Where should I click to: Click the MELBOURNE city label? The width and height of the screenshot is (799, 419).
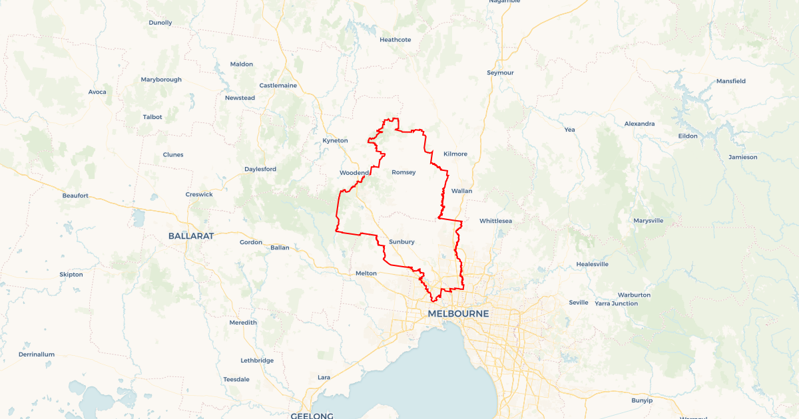click(458, 313)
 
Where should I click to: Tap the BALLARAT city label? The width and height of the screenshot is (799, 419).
click(190, 236)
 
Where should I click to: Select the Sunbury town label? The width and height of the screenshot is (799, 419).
click(401, 241)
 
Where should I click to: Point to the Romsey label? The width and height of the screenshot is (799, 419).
click(403, 172)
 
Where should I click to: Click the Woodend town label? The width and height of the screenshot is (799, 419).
click(354, 173)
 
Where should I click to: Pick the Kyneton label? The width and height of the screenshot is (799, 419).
click(335, 140)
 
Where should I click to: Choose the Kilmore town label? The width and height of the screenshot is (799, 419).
click(455, 154)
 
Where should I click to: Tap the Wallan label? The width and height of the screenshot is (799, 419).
click(461, 191)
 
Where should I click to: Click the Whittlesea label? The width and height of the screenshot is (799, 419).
click(495, 220)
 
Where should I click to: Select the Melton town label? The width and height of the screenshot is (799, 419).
click(366, 273)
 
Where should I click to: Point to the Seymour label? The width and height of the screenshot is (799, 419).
click(500, 72)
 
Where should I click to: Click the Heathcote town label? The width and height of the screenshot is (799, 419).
click(396, 40)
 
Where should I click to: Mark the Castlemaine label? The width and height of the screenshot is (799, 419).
click(278, 85)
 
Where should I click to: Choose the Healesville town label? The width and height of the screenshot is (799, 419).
click(593, 264)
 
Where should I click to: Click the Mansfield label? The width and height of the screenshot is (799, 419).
click(730, 81)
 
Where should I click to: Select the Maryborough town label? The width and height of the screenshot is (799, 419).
click(161, 80)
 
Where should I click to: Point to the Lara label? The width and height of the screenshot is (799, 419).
click(324, 377)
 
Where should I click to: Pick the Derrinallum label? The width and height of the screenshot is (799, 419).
click(37, 354)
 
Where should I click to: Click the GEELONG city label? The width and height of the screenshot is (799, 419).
click(312, 416)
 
